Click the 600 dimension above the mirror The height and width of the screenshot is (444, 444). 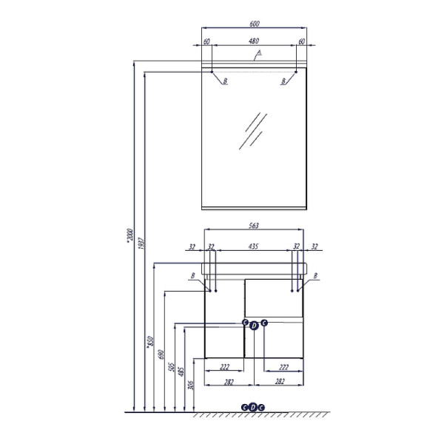[x=254, y=23]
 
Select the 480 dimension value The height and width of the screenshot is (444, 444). [x=254, y=41]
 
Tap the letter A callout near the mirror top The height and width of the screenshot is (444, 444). [x=259, y=53]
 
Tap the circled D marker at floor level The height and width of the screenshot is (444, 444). [x=254, y=407]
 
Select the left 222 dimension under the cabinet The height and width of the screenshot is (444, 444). [x=223, y=366]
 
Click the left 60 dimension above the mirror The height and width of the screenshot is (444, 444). [x=207, y=41]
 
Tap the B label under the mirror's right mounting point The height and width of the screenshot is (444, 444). [x=283, y=81]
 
